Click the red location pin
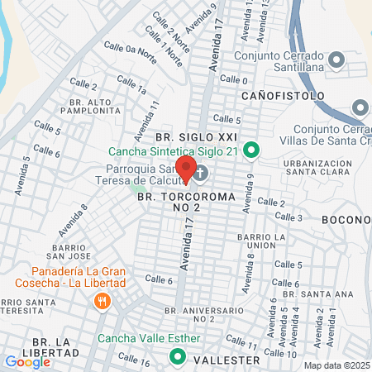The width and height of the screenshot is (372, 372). click(186, 168)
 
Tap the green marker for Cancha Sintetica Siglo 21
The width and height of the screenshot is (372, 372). click(253, 150)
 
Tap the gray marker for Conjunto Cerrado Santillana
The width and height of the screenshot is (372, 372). click(336, 60)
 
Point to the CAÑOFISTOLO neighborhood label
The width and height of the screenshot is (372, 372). click(283, 96)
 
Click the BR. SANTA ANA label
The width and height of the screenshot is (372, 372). click(327, 293)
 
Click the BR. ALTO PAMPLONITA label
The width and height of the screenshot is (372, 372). click(87, 105)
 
